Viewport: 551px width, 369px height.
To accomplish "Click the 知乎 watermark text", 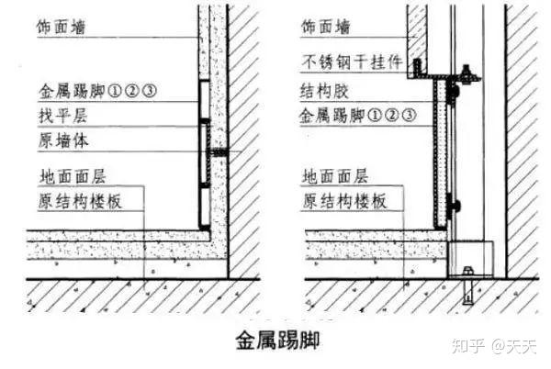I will point(464,345).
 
